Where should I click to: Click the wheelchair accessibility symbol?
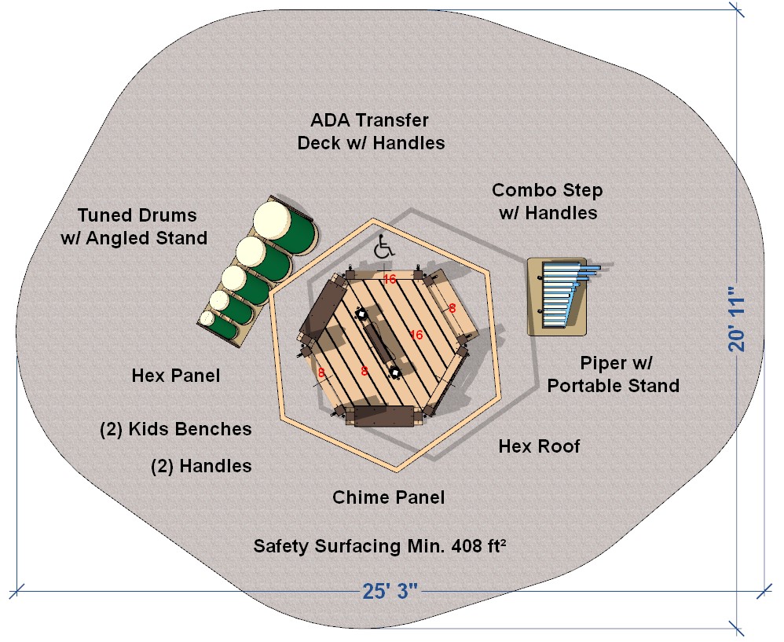pyautogui.click(x=384, y=248)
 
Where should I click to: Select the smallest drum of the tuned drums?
pyautogui.click(x=207, y=318)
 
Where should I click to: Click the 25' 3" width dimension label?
pyautogui.click(x=390, y=592)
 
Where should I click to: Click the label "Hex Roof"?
pyautogui.click(x=539, y=446)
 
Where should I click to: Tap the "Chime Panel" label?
pyautogui.click(x=388, y=497)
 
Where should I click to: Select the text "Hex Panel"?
pyautogui.click(x=175, y=376)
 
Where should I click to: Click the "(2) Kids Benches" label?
pyautogui.click(x=175, y=429)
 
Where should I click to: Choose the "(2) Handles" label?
pyautogui.click(x=201, y=466)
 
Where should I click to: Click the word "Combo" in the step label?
pyautogui.click(x=520, y=190)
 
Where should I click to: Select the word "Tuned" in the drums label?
pyautogui.click(x=104, y=215)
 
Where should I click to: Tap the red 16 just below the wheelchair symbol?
pyautogui.click(x=390, y=278)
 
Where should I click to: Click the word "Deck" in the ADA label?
pyautogui.click(x=317, y=143)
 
